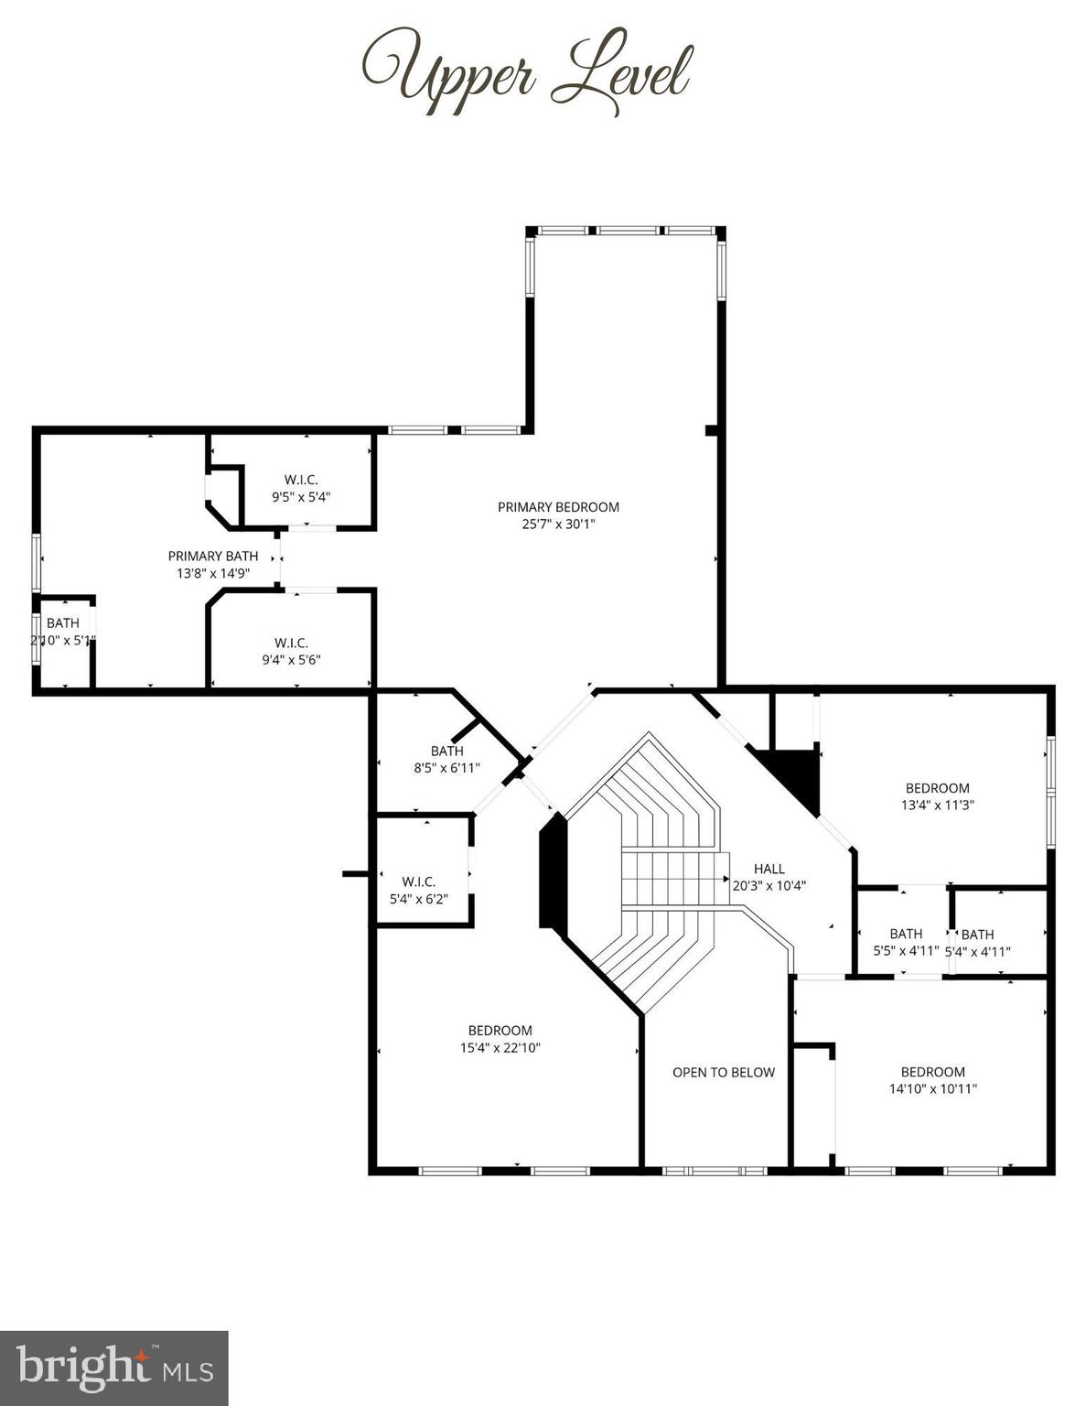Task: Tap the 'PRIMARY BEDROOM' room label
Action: pos(558,507)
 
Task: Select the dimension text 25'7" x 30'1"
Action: pos(558,525)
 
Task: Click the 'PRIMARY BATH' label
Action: pos(213,556)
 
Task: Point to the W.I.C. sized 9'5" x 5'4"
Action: pos(301,488)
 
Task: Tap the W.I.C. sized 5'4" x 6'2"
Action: pos(418,890)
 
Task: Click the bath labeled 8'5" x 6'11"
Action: pos(446,760)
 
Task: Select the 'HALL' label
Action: pos(769,869)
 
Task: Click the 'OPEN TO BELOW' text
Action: pos(723,1072)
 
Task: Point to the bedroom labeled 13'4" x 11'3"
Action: pos(937,796)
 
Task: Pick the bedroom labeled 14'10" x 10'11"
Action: pos(932,1080)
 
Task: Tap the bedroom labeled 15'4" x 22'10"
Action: pos(500,1039)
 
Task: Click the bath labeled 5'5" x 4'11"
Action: pos(905,942)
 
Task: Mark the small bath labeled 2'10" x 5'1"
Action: pos(62,633)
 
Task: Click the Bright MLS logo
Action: pos(113,1368)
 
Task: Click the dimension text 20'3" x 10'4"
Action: pos(769,886)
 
